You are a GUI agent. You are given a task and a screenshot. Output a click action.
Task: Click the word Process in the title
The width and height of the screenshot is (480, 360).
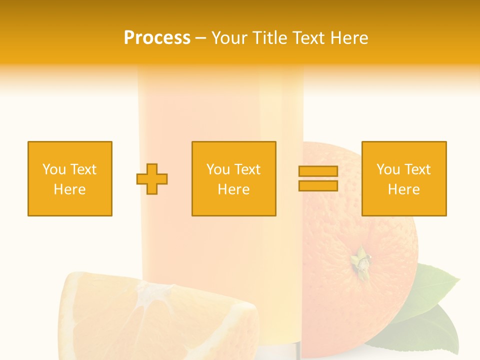[x=157, y=37]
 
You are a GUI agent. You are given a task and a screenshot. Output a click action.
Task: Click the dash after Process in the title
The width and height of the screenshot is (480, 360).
[x=200, y=38]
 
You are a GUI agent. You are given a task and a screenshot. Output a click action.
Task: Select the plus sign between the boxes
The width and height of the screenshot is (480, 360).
[x=152, y=179]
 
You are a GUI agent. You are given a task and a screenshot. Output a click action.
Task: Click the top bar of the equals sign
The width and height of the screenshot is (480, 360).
[x=318, y=171]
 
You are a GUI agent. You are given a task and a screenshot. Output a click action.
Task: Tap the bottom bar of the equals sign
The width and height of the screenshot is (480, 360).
[x=318, y=186]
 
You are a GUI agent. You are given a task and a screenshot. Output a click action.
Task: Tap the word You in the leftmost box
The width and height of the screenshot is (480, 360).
[x=53, y=169]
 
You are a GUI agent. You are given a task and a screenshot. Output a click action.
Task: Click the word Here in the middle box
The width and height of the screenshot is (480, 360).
[x=234, y=189]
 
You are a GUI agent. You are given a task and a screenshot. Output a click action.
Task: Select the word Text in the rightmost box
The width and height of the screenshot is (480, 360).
[x=417, y=169]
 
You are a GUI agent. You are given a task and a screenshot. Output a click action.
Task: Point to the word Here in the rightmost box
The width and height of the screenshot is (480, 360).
[x=404, y=189]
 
